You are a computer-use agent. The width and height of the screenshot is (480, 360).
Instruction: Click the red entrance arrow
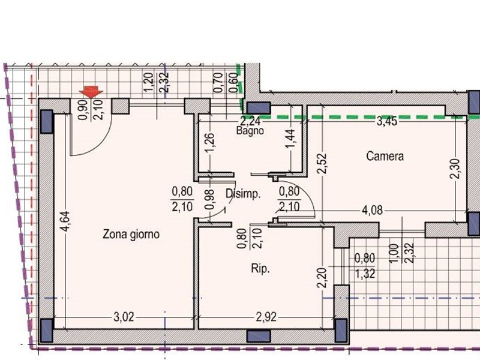click(x=91, y=92)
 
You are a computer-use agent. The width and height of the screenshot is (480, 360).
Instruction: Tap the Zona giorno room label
click(x=131, y=235)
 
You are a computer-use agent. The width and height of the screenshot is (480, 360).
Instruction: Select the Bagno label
click(x=250, y=131)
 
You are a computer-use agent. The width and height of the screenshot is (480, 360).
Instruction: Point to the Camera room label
click(x=385, y=156)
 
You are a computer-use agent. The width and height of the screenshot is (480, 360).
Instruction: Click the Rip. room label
click(x=260, y=268)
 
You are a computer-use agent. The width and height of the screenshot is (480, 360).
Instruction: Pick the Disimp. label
click(x=243, y=194)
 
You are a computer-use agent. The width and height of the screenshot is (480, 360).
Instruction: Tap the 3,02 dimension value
click(x=124, y=317)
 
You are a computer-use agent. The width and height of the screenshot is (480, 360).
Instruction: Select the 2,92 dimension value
click(x=266, y=317)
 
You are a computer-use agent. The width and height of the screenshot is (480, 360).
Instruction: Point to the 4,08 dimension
click(x=372, y=211)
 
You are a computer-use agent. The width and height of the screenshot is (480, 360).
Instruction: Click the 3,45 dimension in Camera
click(x=387, y=121)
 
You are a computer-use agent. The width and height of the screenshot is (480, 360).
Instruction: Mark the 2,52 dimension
click(x=322, y=164)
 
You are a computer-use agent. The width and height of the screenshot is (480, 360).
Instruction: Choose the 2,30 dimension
click(x=455, y=169)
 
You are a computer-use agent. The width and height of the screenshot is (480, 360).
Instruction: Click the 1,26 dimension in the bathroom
click(x=209, y=143)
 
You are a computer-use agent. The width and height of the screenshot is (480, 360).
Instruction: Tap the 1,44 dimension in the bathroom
click(x=290, y=139)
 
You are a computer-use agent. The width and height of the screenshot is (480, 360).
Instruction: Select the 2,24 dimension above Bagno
click(x=250, y=121)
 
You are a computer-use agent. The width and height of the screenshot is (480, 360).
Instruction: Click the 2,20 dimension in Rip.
click(x=322, y=277)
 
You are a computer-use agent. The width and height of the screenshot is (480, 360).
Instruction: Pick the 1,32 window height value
click(x=365, y=274)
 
